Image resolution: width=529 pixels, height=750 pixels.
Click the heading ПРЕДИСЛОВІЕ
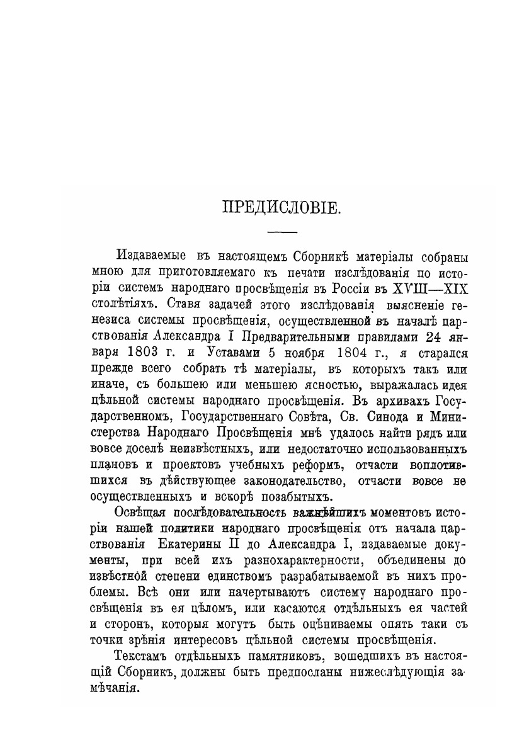(282, 208)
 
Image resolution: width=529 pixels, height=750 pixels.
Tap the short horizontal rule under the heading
(282, 233)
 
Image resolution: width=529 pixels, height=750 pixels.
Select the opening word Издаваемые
(151, 258)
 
